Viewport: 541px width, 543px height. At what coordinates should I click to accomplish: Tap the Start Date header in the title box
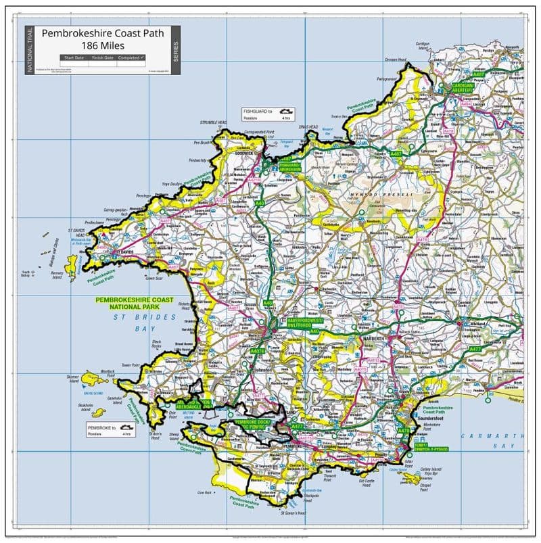[x=74, y=58]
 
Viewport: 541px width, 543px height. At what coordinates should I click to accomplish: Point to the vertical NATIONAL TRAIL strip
[x=29, y=51]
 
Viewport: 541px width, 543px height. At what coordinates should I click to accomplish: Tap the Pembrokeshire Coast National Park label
[x=134, y=302]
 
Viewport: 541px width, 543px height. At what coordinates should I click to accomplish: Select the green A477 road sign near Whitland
[x=475, y=348]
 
